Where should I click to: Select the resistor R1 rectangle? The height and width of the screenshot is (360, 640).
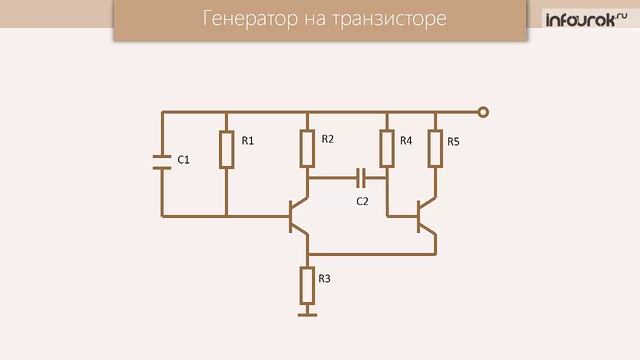pyautogui.click(x=226, y=149)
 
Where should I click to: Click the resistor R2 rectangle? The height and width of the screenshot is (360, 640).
pyautogui.click(x=308, y=149)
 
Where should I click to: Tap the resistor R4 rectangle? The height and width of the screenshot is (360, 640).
pyautogui.click(x=388, y=149)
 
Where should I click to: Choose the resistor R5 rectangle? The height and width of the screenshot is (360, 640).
pyautogui.click(x=435, y=149)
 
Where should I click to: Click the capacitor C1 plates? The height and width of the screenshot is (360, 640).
pyautogui.click(x=162, y=162)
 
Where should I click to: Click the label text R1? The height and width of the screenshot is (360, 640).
pyautogui.click(x=247, y=141)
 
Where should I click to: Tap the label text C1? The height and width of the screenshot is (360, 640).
pyautogui.click(x=183, y=160)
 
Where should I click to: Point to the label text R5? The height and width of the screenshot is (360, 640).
pyautogui.click(x=453, y=141)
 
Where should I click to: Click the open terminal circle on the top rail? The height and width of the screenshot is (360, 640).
pyautogui.click(x=483, y=113)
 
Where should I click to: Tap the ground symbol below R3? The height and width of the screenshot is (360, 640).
pyautogui.click(x=307, y=315)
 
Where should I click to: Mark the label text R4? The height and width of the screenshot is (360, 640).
pyautogui.click(x=406, y=141)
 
